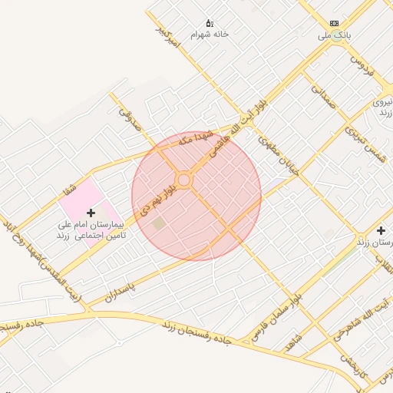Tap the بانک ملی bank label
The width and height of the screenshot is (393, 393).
click(x=335, y=35)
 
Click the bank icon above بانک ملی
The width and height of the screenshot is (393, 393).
click(x=334, y=23)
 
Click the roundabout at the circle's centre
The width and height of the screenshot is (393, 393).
click(x=183, y=180)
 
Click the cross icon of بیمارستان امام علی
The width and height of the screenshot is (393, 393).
click(x=91, y=212)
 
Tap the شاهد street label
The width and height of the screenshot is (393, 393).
click(x=292, y=342)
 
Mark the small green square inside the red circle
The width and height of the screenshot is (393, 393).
click(x=159, y=223)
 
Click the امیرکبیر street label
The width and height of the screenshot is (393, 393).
click(x=167, y=37)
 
